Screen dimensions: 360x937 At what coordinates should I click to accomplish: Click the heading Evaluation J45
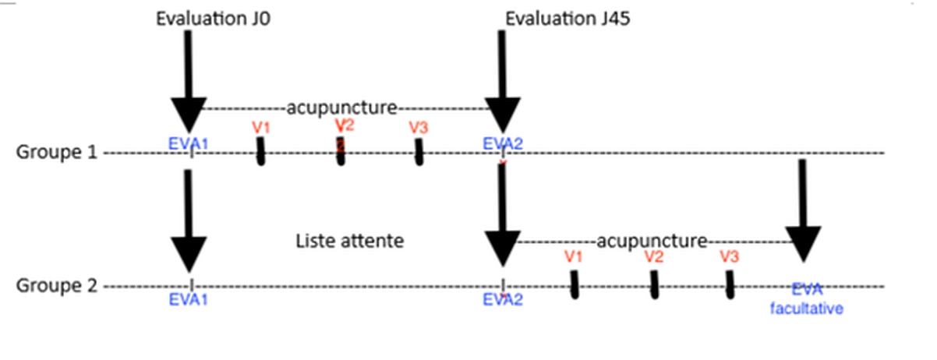point(557,19)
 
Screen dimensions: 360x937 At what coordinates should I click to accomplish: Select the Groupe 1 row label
point(57,153)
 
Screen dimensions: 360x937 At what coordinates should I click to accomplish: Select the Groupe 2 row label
point(57,286)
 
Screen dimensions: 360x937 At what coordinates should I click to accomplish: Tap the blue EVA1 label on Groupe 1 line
point(189,143)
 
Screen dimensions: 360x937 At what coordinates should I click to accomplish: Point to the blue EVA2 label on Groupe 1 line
point(504,143)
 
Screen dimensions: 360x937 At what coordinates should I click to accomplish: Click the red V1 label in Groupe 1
point(260,126)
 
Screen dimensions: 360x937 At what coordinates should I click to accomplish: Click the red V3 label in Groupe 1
point(419,127)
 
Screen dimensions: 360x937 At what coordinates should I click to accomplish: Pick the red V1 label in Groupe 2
point(573,256)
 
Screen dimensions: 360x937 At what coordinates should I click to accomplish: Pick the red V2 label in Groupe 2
point(653,256)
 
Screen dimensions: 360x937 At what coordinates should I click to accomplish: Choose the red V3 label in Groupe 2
point(729,256)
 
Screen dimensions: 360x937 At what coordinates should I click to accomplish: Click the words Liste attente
point(350,241)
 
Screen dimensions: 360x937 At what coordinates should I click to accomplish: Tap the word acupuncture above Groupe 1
point(342,108)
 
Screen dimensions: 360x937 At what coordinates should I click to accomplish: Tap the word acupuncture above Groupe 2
point(652,241)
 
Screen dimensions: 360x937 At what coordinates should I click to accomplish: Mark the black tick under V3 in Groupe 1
point(419,152)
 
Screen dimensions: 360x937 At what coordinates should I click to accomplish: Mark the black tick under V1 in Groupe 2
point(575,284)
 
